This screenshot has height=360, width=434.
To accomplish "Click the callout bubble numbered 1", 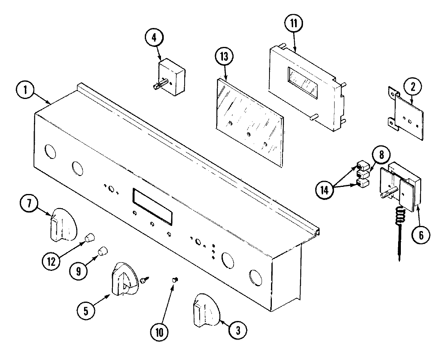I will point(24,90).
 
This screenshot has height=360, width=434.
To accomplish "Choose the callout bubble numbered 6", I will point(421,235).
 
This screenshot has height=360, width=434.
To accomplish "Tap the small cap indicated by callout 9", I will point(103,251).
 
